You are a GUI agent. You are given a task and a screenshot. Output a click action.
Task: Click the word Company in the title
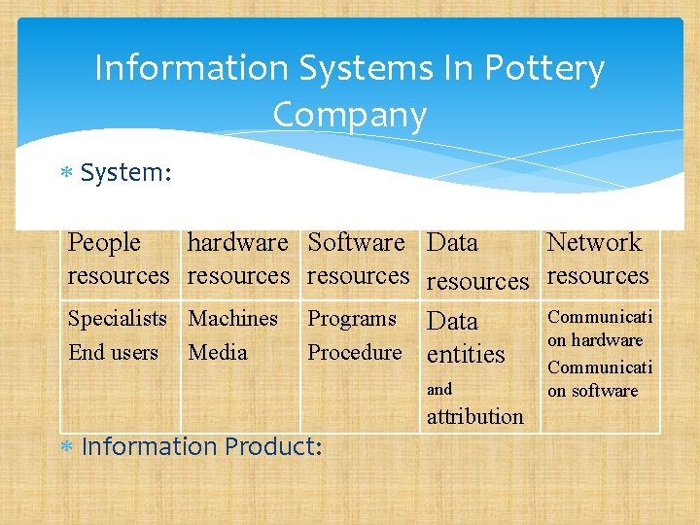click(350, 115)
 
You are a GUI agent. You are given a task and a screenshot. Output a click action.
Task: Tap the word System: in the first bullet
click(126, 173)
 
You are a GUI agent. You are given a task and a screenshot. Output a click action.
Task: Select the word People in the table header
click(104, 242)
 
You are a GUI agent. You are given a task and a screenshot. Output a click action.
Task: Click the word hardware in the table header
click(237, 242)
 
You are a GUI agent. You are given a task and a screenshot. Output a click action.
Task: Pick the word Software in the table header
click(356, 242)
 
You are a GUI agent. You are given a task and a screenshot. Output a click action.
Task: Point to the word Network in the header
click(594, 242)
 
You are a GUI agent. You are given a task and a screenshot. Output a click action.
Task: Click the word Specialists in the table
click(117, 318)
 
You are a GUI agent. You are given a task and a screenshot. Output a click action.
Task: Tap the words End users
click(113, 352)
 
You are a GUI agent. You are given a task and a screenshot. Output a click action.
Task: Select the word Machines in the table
click(232, 318)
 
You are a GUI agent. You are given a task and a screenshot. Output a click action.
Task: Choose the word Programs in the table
click(352, 318)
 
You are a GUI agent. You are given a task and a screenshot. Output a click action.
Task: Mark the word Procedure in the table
click(354, 352)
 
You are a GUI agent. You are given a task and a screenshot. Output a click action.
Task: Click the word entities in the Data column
click(466, 355)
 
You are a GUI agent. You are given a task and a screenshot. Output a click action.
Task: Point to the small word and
click(439, 389)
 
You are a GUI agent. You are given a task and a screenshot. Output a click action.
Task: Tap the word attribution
click(475, 416)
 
